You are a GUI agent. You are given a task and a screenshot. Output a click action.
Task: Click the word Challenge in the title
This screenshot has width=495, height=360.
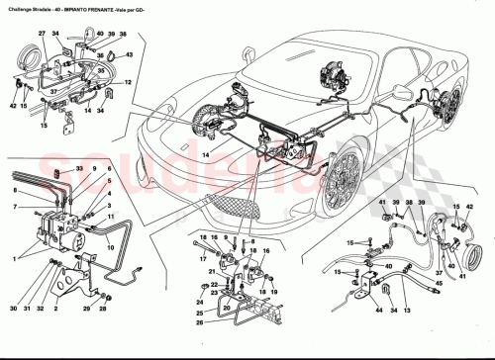pyautogui.click(x=20, y=7)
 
